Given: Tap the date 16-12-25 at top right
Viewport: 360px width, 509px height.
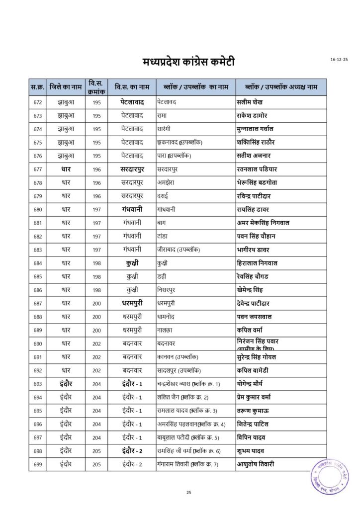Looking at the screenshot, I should tap(339, 60).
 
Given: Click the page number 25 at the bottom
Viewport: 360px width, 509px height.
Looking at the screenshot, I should tap(188, 492).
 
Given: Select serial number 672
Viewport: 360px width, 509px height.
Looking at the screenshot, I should tap(37, 102).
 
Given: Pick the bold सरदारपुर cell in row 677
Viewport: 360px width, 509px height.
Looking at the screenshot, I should tap(132, 170).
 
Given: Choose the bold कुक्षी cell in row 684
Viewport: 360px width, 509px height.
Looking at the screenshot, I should tap(132, 263).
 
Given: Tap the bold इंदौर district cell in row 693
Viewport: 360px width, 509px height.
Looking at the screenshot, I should tap(66, 384).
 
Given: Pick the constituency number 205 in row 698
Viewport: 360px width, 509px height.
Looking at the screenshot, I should tap(96, 451).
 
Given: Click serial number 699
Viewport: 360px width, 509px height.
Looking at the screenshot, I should tap(37, 464).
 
